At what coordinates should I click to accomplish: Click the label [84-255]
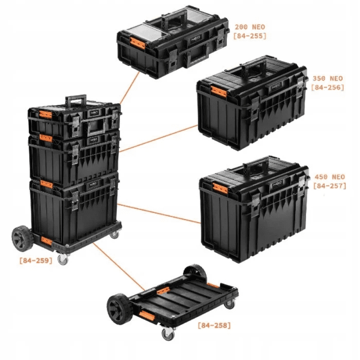[250, 36]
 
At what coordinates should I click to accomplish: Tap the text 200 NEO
[250, 27]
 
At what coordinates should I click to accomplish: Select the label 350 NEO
[328, 79]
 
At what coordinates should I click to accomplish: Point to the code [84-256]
[328, 88]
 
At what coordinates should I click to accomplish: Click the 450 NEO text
[329, 177]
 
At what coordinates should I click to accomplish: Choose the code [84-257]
[329, 186]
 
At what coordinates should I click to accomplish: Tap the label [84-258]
[214, 325]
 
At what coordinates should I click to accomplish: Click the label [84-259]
[36, 260]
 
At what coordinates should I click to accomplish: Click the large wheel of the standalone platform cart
[119, 309]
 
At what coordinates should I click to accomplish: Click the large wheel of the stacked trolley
[22, 239]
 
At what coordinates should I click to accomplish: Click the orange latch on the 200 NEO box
[137, 43]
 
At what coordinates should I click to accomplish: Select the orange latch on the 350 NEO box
[218, 92]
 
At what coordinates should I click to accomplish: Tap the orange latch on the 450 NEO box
[220, 188]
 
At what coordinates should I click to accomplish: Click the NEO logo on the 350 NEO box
[276, 87]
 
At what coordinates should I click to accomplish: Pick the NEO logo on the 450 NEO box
[277, 184]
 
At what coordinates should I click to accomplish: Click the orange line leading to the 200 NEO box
[130, 88]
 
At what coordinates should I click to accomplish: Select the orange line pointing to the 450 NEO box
[159, 213]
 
